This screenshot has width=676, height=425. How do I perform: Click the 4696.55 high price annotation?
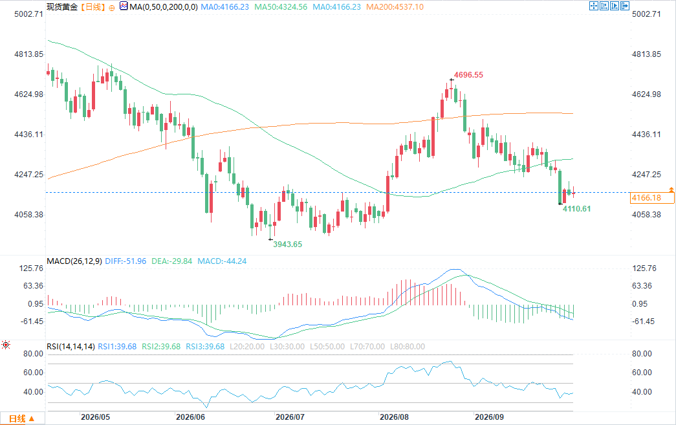pos(468,75)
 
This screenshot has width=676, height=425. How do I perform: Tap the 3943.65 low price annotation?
pos(288,245)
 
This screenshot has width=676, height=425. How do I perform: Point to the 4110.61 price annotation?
pos(576,209)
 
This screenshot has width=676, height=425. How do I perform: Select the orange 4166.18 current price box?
pos(652,198)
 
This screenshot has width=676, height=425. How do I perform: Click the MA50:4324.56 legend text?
pos(281,7)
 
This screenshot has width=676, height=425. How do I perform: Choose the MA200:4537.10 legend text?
pos(395,7)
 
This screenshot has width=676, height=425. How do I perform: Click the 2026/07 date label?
pos(290,417)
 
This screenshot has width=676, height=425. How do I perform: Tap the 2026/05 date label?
pos(95,417)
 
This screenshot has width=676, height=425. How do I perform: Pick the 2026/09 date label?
pos(489,417)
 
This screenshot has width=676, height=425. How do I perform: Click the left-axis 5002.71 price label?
pos(29,14)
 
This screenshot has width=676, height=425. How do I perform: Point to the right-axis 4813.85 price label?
pos(646,54)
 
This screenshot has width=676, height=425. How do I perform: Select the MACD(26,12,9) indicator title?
pos(74,261)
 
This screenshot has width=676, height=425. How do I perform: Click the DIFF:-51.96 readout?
pos(125,261)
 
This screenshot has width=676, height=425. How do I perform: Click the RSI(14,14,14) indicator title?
pos(71,347)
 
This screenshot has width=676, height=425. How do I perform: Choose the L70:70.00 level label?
pos(367,347)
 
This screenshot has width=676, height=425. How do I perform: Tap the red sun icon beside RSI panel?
pos(6,344)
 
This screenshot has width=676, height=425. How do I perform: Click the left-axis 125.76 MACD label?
pos(31,268)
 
